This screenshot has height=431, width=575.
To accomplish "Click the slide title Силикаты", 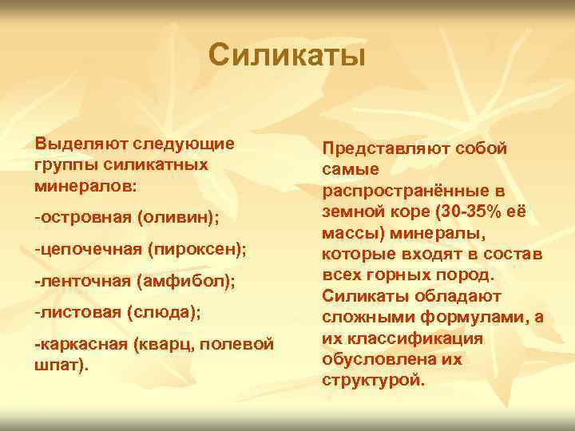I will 287,56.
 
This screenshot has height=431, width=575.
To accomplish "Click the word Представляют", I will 383,148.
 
